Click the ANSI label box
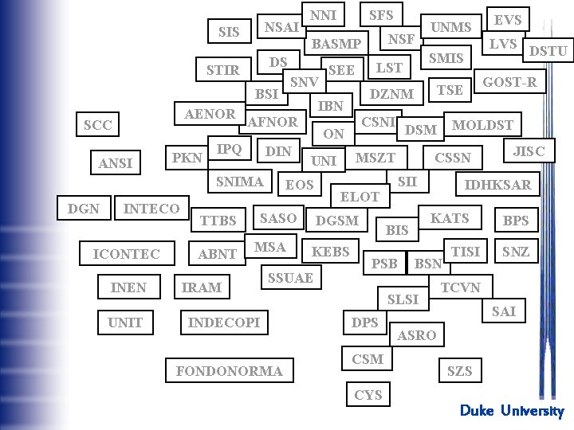pos(116,163)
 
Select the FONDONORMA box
pos(229,370)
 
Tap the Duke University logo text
pos(511,411)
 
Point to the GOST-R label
pos(510,82)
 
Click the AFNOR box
pos(273,122)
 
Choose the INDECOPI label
pos(223,322)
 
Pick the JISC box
pos(529,150)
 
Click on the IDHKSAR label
pos(497,185)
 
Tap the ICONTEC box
pos(127,254)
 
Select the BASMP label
pos(336,43)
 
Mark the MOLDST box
pos(482,125)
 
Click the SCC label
pos(98,126)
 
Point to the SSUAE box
pos(290,277)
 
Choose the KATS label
pos(450,217)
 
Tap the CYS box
pos(368,394)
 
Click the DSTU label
pos(548,52)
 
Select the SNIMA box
pos(240,182)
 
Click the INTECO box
pos(151,209)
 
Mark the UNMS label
pos(451,27)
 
